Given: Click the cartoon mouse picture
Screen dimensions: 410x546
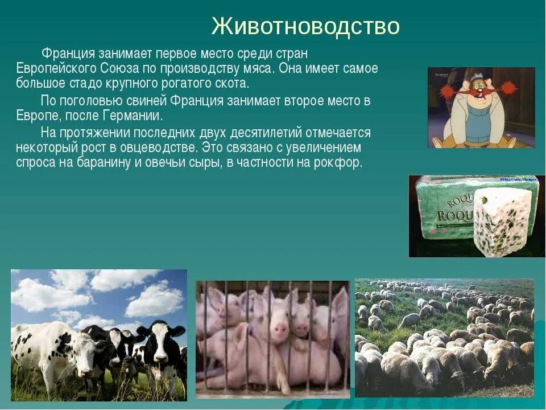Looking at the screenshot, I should click(481, 108).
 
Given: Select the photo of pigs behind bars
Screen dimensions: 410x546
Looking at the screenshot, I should click(272, 339).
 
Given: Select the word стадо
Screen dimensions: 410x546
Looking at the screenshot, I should click(84, 84).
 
